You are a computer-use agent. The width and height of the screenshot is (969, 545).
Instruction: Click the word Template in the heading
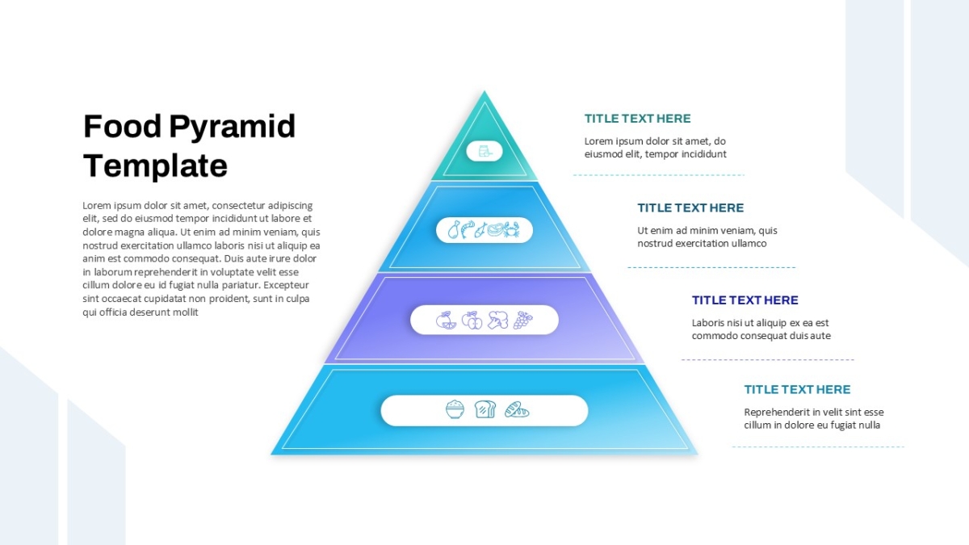[x=155, y=166]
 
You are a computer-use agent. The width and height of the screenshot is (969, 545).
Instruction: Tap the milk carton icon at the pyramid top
[x=484, y=152]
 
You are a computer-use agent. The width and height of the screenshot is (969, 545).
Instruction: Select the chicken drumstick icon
[x=454, y=229]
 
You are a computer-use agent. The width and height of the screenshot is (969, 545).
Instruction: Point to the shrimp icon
[x=468, y=229]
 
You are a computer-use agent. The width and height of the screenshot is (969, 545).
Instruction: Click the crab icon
[x=511, y=229]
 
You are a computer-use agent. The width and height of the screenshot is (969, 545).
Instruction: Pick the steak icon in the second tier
[x=496, y=229]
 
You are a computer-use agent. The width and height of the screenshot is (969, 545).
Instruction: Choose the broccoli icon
[x=498, y=320]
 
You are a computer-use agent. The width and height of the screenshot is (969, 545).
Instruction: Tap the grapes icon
[x=522, y=320]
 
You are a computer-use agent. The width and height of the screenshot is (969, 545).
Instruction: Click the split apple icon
[x=472, y=320]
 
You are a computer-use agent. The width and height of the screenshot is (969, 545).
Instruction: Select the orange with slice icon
[x=446, y=320]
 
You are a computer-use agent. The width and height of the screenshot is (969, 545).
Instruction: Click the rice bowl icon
[x=455, y=409]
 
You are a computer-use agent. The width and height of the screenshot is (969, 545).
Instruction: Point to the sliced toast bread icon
[x=485, y=409]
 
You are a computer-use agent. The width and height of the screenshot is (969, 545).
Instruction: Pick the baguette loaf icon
[x=517, y=409]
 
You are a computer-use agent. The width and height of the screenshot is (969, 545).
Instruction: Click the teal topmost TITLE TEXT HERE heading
[x=637, y=119]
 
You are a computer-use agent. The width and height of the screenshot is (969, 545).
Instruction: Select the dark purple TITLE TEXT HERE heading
[x=745, y=300]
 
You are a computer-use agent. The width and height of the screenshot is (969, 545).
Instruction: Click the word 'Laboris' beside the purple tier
[x=707, y=323]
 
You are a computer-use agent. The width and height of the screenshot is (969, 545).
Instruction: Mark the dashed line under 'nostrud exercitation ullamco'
[x=711, y=267]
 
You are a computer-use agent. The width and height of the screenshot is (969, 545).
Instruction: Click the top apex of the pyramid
[x=484, y=90]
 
